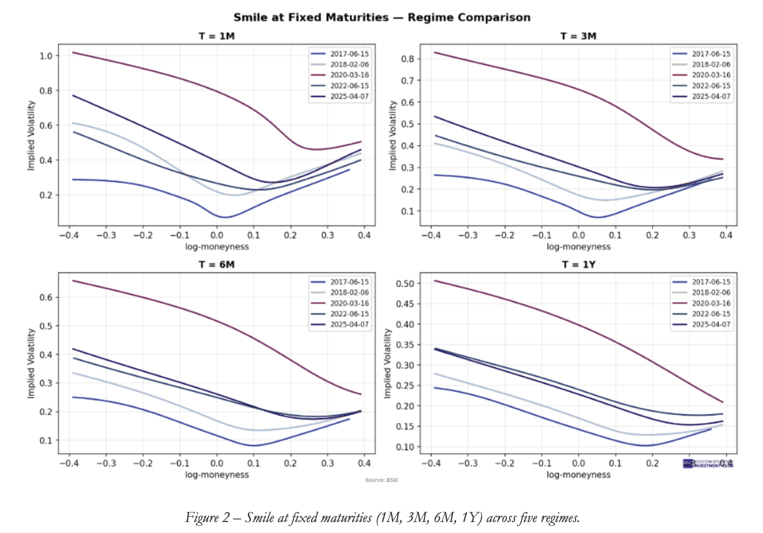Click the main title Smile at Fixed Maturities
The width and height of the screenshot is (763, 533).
click(381, 17)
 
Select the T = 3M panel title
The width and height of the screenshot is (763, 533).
click(578, 36)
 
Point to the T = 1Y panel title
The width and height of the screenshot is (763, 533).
click(578, 264)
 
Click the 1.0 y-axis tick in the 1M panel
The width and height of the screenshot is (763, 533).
click(46, 56)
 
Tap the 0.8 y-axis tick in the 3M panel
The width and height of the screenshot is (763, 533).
click(408, 59)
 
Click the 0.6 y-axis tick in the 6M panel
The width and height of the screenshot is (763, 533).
click(46, 298)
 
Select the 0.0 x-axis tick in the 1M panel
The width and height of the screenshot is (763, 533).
click(217, 235)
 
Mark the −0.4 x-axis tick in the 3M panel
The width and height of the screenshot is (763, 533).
click(429, 235)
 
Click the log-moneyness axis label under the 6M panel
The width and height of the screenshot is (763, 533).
click(217, 475)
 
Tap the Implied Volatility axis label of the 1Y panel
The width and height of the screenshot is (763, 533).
click(388, 363)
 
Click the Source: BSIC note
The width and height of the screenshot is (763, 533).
click(381, 480)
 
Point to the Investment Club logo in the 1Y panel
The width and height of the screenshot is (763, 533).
click(709, 464)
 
